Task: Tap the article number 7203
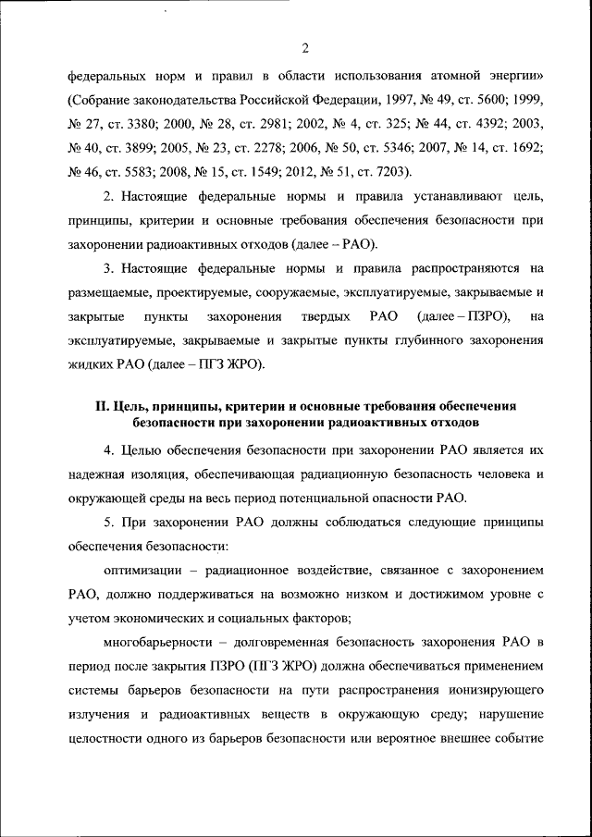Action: pyautogui.click(x=389, y=171)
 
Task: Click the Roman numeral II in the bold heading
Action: pyautogui.click(x=102, y=406)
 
